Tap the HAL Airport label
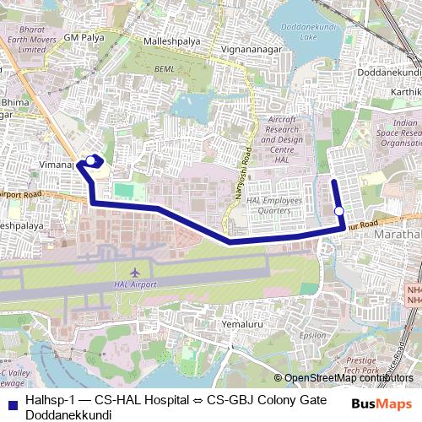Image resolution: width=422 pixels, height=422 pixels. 136,285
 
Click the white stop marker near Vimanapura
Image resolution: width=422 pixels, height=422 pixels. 90,159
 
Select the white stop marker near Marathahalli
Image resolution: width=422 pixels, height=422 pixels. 338,211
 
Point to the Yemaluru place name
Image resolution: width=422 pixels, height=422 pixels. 243,324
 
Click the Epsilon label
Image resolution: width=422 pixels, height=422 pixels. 312,335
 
